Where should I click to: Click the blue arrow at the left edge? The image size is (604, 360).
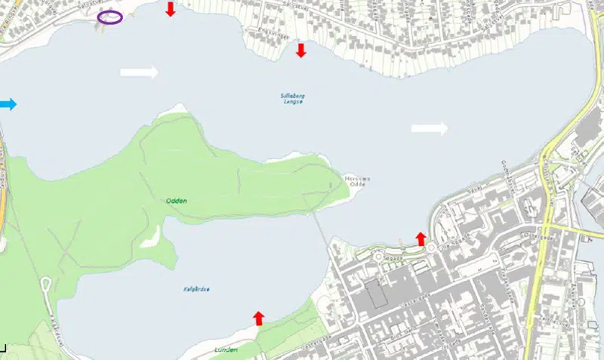coord(8,104)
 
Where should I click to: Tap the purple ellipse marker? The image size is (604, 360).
coord(110,17)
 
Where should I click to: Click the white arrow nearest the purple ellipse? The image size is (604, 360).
coord(140,72)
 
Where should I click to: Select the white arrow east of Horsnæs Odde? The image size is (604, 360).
coord(430,128)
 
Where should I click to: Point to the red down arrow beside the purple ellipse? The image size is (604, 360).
coord(171,9)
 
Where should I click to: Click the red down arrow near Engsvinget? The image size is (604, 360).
coord(300,51)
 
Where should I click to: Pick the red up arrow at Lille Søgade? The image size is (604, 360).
coord(421,239)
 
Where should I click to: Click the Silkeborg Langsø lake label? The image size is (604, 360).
coord(292,99)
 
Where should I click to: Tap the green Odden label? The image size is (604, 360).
coord(177,201)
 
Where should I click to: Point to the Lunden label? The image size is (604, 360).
coord(226,350)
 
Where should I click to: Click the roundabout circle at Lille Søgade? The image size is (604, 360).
coord(431,248)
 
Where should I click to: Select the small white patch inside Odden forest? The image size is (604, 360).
coord(150,236)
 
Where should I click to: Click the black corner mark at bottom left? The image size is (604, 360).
coord(3,348)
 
